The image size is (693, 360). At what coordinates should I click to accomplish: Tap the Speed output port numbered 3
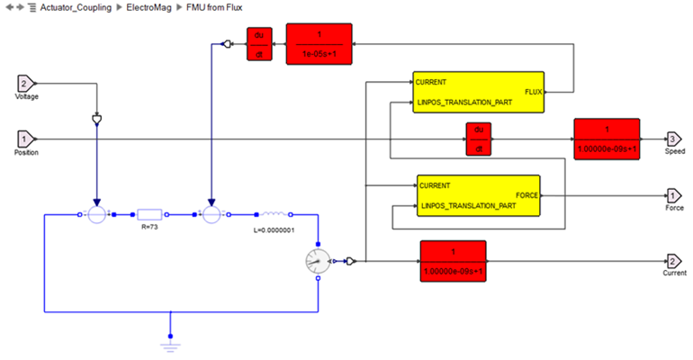pos(673,139)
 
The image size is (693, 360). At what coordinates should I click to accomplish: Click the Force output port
pos(673,194)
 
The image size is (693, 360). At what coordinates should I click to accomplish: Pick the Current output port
pos(673,261)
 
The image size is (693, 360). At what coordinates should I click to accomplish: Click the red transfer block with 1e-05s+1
pos(319,43)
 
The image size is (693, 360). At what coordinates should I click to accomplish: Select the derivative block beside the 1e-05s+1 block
pos(259,43)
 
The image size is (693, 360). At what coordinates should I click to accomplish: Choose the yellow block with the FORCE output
pos(478,194)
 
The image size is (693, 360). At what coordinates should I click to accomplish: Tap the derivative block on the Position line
pos(479,139)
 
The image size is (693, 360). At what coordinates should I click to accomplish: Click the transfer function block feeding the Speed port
pos(607,139)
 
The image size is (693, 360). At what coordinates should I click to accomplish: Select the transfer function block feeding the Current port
pos(453,262)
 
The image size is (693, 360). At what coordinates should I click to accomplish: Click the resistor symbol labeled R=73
pos(149,214)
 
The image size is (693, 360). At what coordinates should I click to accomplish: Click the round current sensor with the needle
pos(319,261)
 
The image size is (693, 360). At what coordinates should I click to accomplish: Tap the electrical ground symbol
pos(169,337)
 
